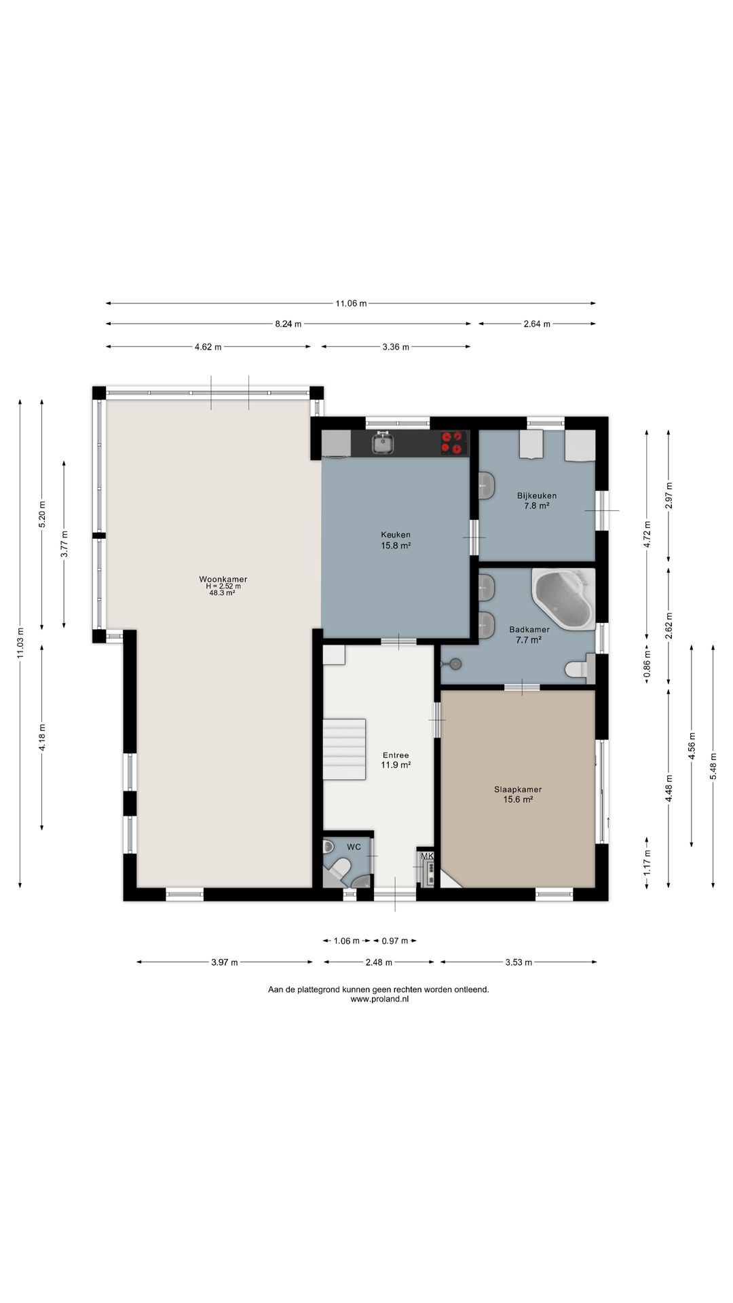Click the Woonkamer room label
tap(223, 586)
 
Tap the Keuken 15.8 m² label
tap(396, 540)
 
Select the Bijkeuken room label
tap(536, 500)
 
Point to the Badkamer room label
tap(529, 634)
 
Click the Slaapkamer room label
tap(518, 794)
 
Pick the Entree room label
tap(396, 759)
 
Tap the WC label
tap(354, 847)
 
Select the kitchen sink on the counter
tap(383, 443)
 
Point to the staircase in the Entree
tap(344, 749)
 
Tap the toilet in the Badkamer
tap(580, 669)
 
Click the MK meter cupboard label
tap(427, 856)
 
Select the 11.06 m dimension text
tap(351, 303)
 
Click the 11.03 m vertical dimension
tap(20, 643)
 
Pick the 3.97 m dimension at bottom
tap(225, 962)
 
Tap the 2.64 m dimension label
tap(537, 324)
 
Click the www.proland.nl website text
tap(379, 999)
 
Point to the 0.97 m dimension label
tap(395, 941)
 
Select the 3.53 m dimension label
tap(519, 962)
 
